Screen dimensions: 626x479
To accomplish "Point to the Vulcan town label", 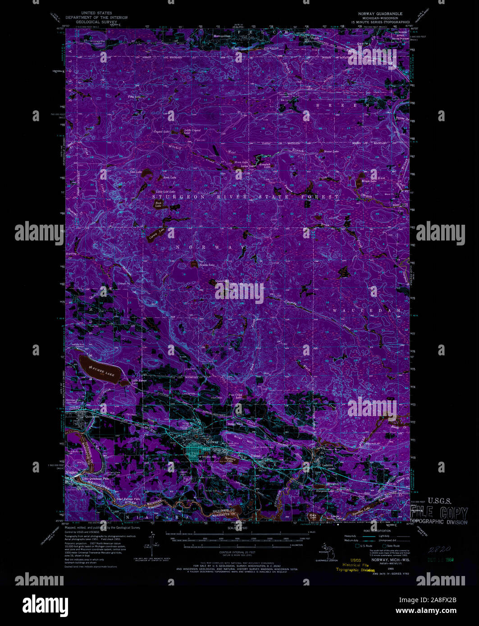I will tap(255, 457).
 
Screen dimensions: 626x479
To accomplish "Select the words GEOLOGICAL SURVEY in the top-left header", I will tap(96, 21).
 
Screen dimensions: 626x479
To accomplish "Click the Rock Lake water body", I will tap(159, 204).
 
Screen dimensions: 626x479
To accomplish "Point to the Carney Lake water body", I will tap(155, 234).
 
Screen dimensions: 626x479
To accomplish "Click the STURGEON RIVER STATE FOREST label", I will tap(246, 197).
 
